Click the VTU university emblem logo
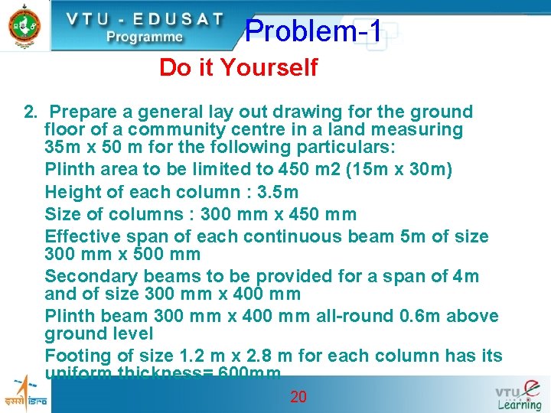coord(24,24)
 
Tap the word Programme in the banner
coord(145,36)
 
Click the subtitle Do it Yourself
coord(238,68)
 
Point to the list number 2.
coord(31,112)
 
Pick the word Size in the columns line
coord(63,214)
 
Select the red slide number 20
coord(298,396)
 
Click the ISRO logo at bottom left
coord(25,394)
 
